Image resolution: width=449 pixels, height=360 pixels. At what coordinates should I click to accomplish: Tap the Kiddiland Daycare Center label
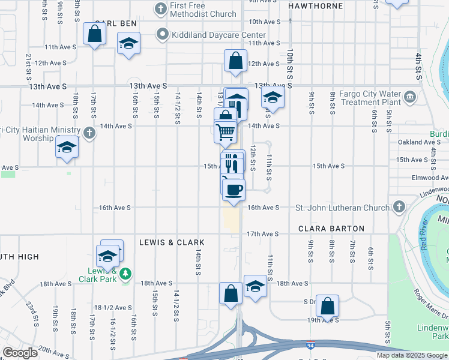click(x=218, y=35)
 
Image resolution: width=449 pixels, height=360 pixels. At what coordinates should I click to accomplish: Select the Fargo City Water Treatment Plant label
click(x=369, y=98)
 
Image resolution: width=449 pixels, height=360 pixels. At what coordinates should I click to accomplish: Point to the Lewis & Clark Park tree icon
click(x=125, y=275)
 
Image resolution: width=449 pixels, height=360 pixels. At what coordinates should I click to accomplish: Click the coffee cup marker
click(x=234, y=189)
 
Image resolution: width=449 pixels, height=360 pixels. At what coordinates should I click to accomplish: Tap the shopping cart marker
click(x=226, y=131)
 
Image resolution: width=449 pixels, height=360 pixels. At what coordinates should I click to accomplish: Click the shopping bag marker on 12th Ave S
click(x=235, y=61)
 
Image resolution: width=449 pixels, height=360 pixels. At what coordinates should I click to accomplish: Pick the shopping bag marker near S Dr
click(x=327, y=305)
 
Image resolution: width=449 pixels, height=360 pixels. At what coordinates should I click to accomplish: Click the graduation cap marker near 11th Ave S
click(x=128, y=44)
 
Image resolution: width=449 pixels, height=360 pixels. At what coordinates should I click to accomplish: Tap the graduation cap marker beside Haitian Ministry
click(x=67, y=147)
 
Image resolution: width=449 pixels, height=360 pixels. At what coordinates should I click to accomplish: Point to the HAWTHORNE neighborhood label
click(x=316, y=6)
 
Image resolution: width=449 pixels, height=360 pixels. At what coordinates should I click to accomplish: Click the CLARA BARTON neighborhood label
click(x=331, y=229)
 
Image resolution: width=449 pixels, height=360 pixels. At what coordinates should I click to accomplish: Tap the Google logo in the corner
click(x=20, y=352)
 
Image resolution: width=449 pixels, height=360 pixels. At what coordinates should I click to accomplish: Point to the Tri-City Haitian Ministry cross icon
click(x=89, y=133)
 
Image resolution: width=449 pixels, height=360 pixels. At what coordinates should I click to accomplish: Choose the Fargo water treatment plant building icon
click(x=410, y=96)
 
